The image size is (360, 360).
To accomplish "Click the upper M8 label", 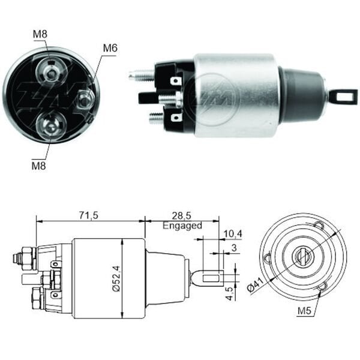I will tap(40, 34).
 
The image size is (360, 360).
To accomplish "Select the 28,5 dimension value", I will tap(182, 215).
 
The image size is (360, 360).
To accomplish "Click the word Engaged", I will tap(182, 226).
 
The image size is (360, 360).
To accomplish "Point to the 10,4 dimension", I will tap(232, 233).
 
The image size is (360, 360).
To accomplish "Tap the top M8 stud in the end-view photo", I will tap(52, 73).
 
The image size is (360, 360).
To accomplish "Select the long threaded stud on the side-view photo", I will tap(142, 76).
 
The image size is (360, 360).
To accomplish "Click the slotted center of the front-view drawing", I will tap(303, 256).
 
